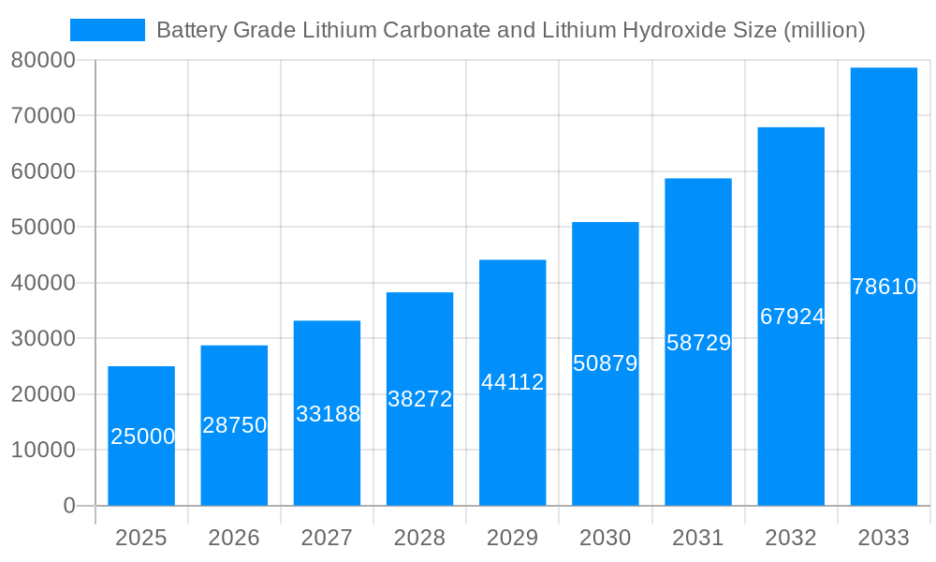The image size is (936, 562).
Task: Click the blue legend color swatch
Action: pos(108,30)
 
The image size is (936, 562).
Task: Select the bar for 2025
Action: pos(141,436)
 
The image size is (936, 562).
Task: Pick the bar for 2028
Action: pos(419,399)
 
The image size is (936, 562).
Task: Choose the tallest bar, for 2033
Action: pos(884,287)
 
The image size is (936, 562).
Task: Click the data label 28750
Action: pos(234,425)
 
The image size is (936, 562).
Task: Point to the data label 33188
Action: pos(328,413)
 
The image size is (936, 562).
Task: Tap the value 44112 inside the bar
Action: pos(512,382)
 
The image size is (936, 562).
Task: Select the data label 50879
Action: pos(605,363)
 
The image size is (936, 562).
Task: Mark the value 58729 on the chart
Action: pos(698,343)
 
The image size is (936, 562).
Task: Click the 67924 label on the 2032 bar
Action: pos(791,317)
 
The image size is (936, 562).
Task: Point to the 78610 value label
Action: pos(884,287)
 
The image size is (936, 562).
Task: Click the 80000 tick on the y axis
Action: pos(43,60)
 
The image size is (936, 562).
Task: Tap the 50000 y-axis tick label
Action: pos(43,228)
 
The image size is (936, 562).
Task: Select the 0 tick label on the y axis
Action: pos(68,506)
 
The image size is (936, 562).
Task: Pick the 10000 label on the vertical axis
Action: pos(43,451)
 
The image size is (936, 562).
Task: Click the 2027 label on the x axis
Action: pos(327,538)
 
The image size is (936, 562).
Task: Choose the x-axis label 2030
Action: pos(605,538)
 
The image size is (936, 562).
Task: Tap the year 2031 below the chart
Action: pos(698,538)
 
